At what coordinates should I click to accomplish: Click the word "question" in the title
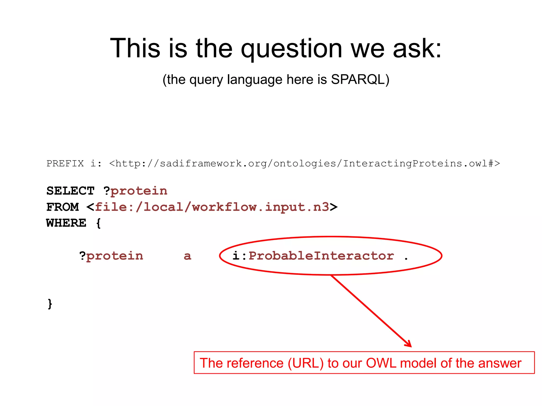point(291,49)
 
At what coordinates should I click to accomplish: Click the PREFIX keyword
point(65,164)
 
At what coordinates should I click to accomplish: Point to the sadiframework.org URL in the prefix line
point(304,164)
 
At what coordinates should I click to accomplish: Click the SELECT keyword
point(70,191)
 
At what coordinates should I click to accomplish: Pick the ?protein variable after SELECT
point(135,191)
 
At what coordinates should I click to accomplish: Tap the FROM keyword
point(63,207)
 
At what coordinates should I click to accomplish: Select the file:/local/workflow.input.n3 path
point(212,207)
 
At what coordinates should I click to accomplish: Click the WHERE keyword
point(66,223)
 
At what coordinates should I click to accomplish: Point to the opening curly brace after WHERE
point(98,223)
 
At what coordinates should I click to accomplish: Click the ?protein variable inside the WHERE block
point(111,256)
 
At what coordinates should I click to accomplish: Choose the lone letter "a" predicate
point(187,256)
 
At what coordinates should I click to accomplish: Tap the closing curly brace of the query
point(50,304)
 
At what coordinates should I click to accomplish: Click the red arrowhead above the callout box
point(409,344)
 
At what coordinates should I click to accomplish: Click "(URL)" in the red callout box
point(306,363)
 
